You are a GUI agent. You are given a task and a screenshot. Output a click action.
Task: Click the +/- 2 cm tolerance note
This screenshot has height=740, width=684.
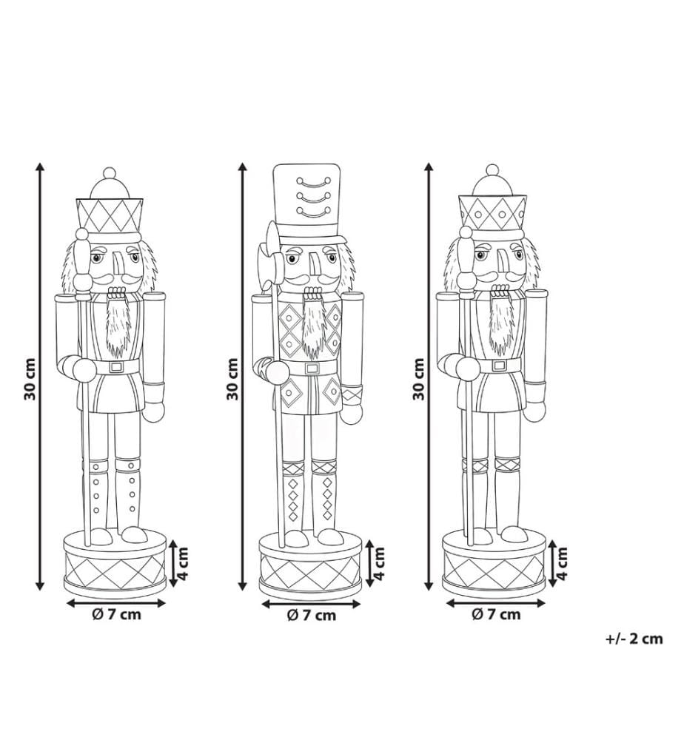click(x=634, y=639)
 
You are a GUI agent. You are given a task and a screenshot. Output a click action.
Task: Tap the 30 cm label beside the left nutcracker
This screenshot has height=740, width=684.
click(x=30, y=379)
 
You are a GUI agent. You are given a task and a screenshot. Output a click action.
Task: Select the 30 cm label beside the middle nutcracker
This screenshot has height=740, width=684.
click(x=232, y=379)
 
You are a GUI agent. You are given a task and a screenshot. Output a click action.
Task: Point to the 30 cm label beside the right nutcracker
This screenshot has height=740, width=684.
click(x=419, y=379)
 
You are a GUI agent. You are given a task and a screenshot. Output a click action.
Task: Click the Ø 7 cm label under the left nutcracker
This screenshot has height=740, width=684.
click(x=117, y=614)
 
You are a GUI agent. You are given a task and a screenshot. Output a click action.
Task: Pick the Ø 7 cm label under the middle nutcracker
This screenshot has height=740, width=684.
click(x=312, y=616)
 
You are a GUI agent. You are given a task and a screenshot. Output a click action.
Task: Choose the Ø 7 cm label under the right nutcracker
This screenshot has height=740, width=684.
click(x=496, y=614)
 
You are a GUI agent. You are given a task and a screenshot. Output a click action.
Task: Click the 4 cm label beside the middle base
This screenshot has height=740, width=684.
click(x=378, y=563)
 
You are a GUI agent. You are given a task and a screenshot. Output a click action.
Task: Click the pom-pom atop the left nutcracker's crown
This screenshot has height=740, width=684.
click(x=110, y=172)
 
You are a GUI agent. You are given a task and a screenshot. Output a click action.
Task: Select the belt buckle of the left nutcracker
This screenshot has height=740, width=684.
click(x=115, y=367)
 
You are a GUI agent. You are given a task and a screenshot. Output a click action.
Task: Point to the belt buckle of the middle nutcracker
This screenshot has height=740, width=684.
click(x=312, y=368)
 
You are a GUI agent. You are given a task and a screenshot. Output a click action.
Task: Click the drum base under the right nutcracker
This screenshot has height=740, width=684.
click(x=494, y=564)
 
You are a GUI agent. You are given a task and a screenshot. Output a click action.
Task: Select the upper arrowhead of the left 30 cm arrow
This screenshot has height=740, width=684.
click(x=41, y=167)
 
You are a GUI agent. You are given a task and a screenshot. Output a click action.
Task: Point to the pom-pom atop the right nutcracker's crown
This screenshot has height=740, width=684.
click(x=492, y=171)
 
